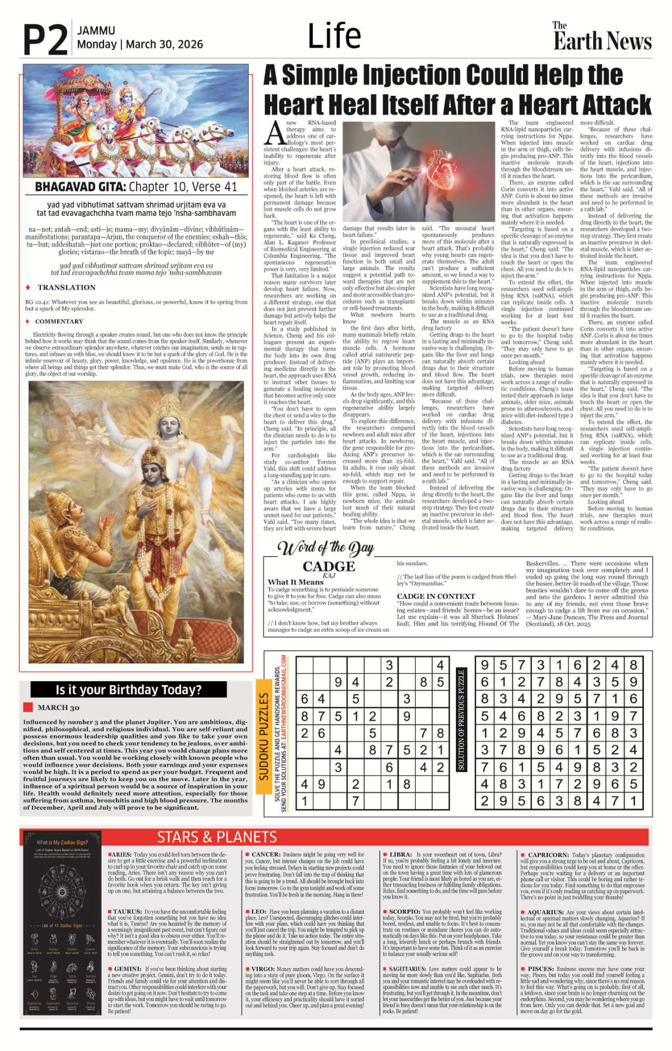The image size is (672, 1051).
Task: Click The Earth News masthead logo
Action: (x=602, y=37)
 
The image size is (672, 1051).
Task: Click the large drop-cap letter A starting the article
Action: (x=274, y=133)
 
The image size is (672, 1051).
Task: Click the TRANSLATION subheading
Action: (x=66, y=287)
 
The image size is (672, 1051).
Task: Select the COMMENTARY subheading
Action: (x=59, y=322)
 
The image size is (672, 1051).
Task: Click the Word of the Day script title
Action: (x=325, y=547)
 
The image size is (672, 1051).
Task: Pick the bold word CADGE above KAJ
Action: (x=329, y=566)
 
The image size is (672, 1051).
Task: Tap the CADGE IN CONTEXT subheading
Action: (x=436, y=596)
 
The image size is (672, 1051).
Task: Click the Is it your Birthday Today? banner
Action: (x=128, y=690)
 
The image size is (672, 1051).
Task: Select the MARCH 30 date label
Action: (x=58, y=708)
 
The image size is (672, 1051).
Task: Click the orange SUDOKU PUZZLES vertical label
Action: (x=263, y=736)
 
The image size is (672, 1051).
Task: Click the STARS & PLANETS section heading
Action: (x=217, y=837)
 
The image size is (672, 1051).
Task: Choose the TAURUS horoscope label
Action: (x=127, y=912)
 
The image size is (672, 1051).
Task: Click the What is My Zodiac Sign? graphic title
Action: (x=62, y=842)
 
